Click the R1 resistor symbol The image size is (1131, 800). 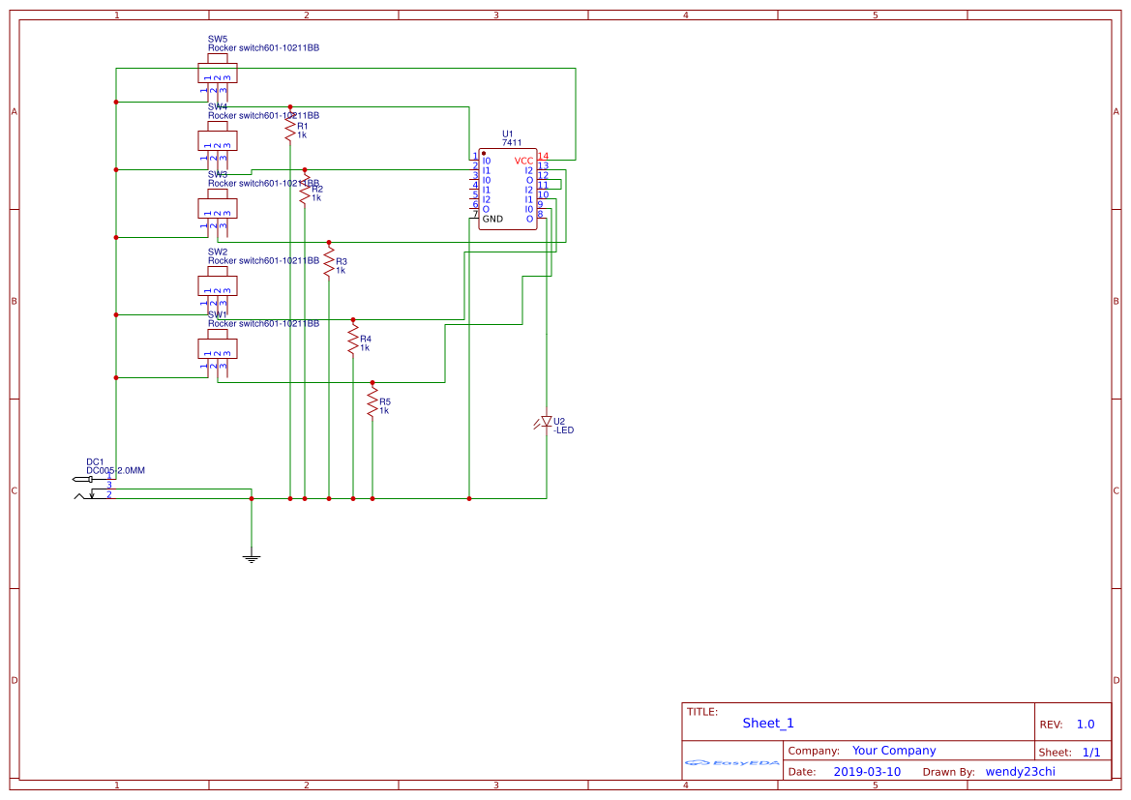click(x=289, y=127)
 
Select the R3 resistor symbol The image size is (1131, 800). click(x=329, y=261)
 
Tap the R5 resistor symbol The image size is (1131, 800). click(x=372, y=402)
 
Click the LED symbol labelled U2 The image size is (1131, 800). click(x=547, y=422)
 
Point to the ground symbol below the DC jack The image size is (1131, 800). click(x=252, y=557)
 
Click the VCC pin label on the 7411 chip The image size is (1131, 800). click(x=523, y=161)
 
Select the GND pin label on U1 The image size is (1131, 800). click(x=492, y=220)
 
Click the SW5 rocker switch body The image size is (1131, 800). click(x=218, y=74)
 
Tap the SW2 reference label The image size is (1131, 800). click(x=218, y=252)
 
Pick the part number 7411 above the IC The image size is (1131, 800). click(x=512, y=143)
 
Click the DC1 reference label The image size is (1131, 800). click(x=95, y=461)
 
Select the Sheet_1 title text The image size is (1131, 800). click(x=768, y=723)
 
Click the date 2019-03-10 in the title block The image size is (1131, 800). click(x=866, y=772)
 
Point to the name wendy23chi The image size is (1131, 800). click(x=1020, y=772)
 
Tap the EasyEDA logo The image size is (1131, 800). click(x=732, y=763)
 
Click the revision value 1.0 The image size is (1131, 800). click(x=1086, y=725)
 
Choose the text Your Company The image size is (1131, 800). click(x=894, y=751)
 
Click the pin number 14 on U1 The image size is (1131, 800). click(x=543, y=156)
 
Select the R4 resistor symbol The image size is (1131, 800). click(x=353, y=340)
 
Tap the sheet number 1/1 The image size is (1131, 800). click(x=1090, y=752)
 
